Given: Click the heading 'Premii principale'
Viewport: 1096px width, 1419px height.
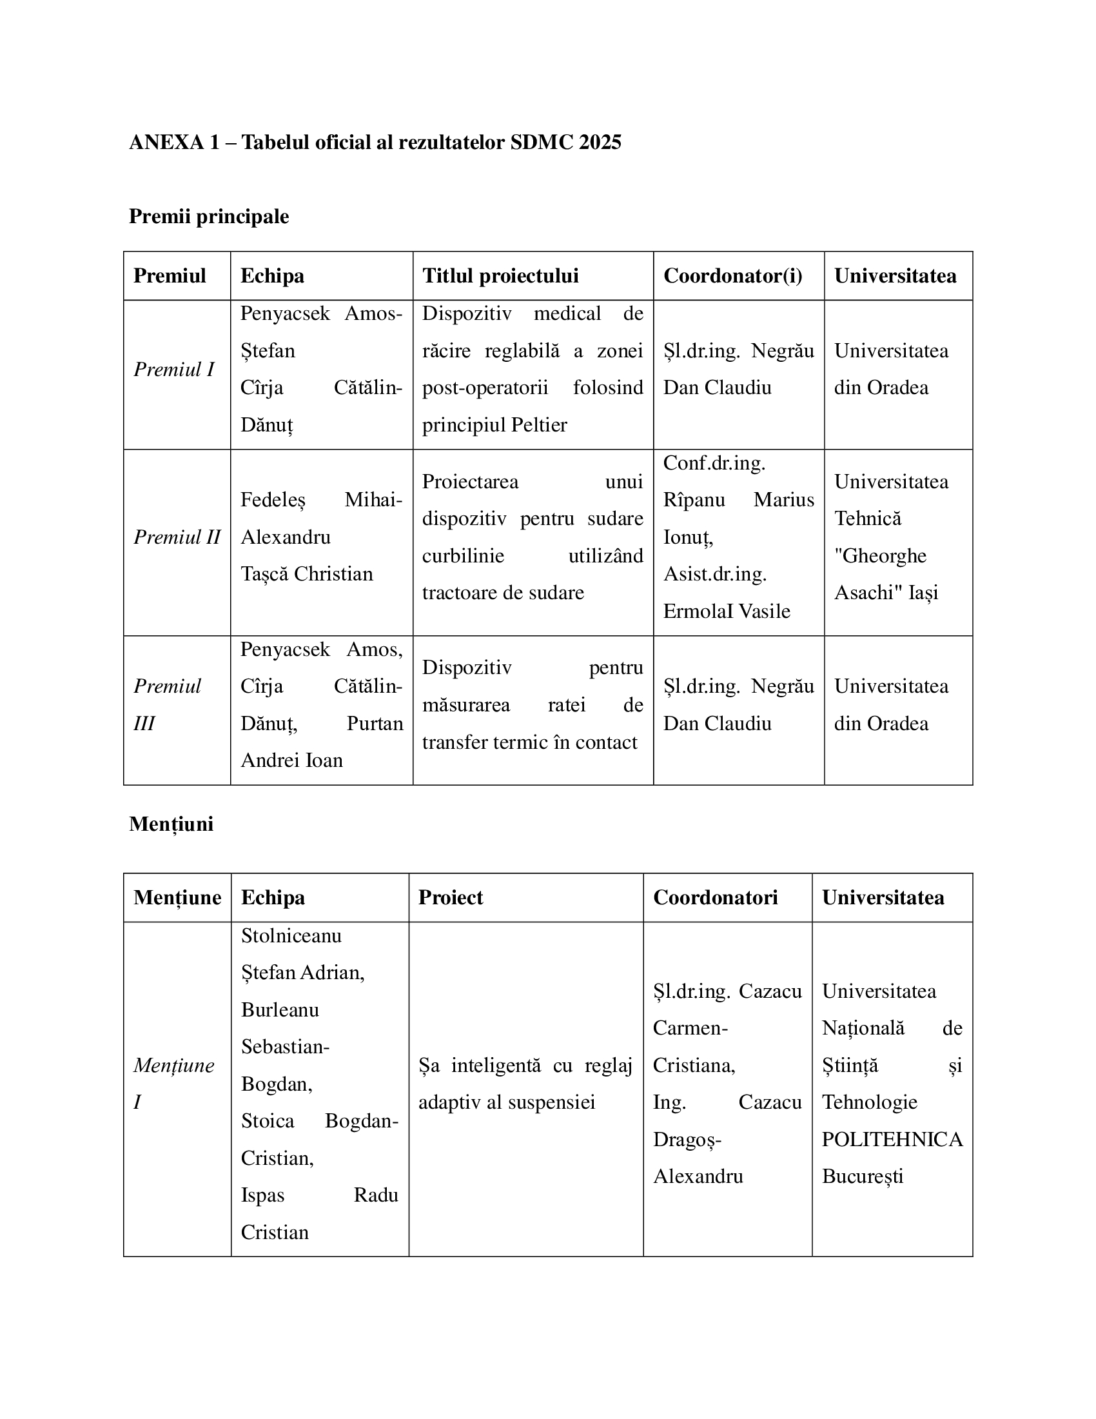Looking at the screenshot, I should (x=208, y=215).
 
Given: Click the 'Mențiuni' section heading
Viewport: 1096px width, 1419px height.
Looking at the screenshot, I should (x=171, y=824).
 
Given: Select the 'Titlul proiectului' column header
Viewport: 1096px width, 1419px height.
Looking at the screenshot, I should (x=500, y=275).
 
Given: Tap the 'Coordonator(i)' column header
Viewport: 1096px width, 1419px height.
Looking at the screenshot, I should (x=732, y=275).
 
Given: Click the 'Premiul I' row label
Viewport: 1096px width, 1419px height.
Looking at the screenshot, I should (x=173, y=369).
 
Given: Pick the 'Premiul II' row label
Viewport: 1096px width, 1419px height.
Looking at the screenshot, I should (x=177, y=537).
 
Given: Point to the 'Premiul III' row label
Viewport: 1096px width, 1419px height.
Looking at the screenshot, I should (x=167, y=704).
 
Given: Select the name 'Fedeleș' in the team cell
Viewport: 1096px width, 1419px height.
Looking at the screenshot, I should (x=273, y=500).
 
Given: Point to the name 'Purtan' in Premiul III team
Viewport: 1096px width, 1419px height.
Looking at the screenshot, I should (x=375, y=723).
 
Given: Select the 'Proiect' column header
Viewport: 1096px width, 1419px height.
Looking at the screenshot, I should (x=451, y=897).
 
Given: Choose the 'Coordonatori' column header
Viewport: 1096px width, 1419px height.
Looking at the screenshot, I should (x=715, y=897).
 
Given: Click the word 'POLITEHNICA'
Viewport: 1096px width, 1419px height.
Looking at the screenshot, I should (x=892, y=1139).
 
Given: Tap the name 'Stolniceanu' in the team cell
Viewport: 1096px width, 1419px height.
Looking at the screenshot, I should (x=291, y=936).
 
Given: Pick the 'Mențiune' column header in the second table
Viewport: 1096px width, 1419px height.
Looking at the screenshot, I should (x=177, y=897).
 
